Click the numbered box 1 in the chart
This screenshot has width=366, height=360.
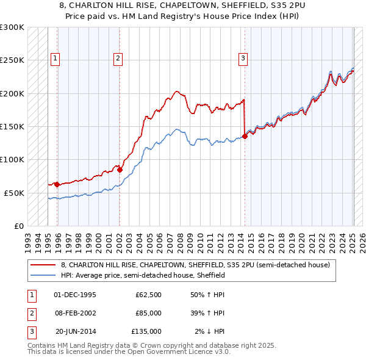55,59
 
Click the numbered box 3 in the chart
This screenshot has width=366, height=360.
243,59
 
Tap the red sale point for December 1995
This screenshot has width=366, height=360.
57,184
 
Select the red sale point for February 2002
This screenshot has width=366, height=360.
120,170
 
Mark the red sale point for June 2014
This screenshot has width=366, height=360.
245,137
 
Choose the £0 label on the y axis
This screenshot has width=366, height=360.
18,225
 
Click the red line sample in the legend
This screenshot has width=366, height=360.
43,265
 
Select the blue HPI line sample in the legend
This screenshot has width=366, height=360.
43,275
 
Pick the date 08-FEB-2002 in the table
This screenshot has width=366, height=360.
75,313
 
